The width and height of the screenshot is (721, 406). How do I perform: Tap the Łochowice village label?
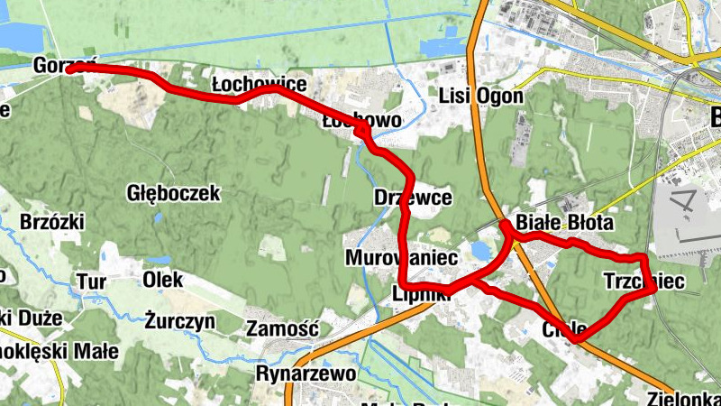(x=259, y=84)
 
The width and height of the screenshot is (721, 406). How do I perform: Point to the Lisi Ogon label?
(x=481, y=96)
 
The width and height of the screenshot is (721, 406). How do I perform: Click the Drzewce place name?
(x=412, y=198)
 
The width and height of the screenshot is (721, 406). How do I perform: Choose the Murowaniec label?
(x=391, y=258)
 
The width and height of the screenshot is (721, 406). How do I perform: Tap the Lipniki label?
(x=422, y=292)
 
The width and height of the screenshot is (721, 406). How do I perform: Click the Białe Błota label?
(x=564, y=223)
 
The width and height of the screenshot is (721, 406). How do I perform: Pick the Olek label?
(x=162, y=280)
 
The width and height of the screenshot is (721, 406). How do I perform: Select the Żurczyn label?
(x=180, y=319)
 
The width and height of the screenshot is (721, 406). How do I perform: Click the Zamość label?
(x=282, y=328)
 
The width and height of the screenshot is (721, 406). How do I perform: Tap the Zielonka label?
(x=682, y=397)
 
